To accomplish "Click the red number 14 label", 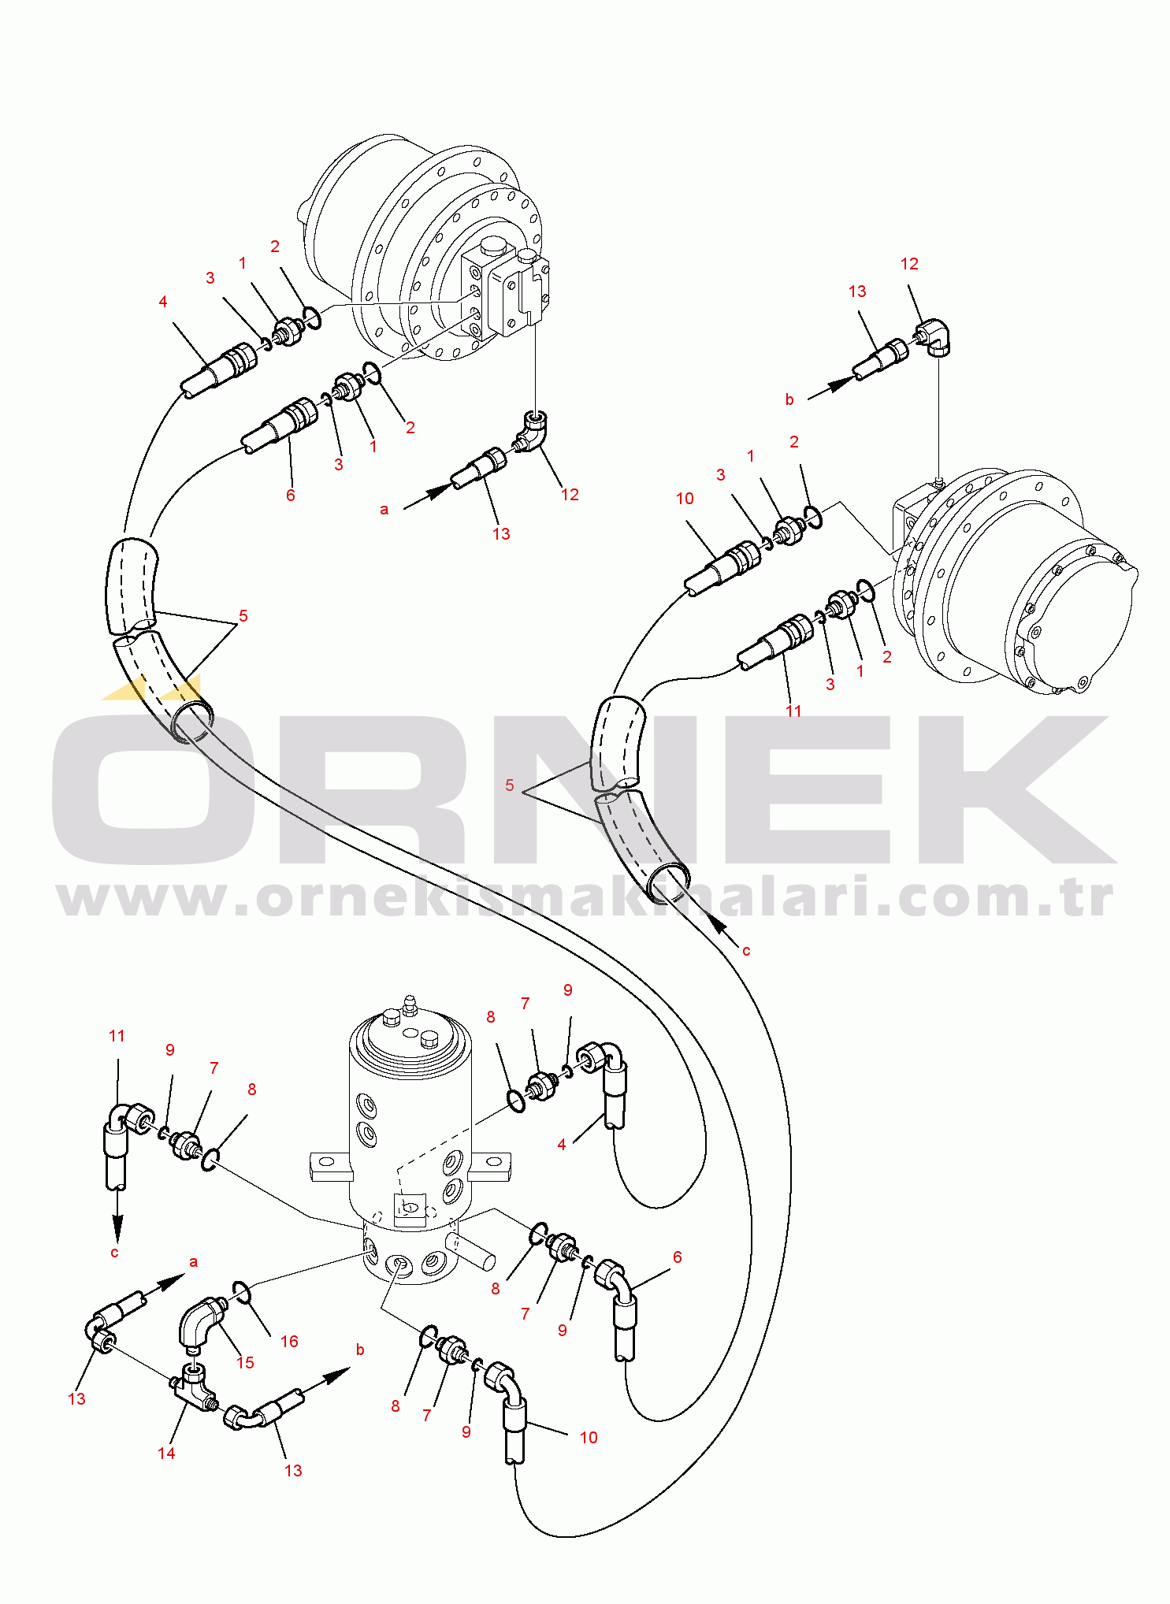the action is (x=166, y=1453).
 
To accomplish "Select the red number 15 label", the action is (x=245, y=1362).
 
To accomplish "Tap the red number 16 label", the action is (x=289, y=1341).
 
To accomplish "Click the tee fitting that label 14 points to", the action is (x=195, y=1389).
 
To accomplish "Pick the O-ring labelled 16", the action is (x=241, y=1292).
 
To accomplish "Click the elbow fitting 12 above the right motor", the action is (x=935, y=337).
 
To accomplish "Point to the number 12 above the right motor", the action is (x=909, y=264).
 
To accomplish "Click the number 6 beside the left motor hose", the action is (x=290, y=495).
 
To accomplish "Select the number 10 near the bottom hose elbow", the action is (x=589, y=1437).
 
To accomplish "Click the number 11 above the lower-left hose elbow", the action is (x=117, y=1036).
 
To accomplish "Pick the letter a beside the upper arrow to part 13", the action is (x=384, y=510).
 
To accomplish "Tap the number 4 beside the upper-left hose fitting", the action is (x=163, y=302).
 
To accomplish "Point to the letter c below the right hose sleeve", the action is (x=746, y=951).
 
